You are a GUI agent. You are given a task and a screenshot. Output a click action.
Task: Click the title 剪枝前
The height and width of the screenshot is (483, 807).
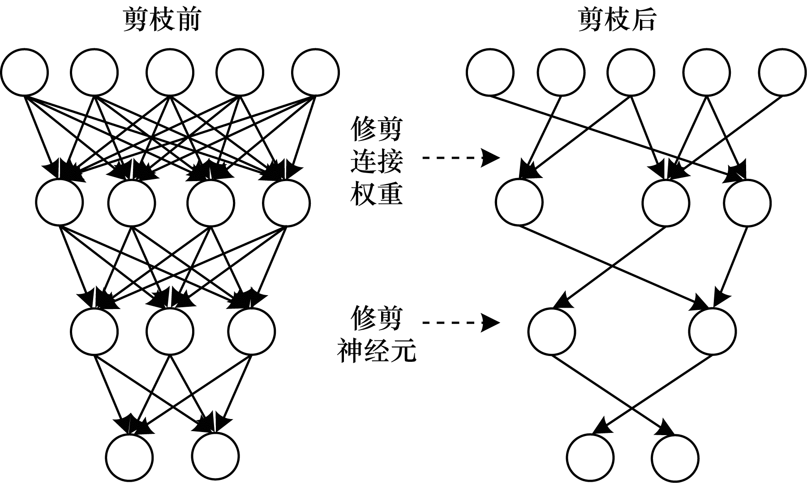click(x=162, y=21)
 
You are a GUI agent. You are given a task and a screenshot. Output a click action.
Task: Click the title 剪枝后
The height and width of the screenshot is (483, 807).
click(x=617, y=21)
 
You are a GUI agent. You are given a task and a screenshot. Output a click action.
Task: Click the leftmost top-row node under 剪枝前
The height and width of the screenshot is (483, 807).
click(x=25, y=72)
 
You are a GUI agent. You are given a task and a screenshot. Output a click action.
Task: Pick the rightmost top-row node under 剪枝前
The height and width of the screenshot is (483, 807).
click(x=315, y=72)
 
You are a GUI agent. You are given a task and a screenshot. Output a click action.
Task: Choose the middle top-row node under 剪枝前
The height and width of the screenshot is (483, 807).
click(x=170, y=72)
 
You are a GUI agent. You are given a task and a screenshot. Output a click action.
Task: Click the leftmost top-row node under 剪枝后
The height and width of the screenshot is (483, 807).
click(x=490, y=72)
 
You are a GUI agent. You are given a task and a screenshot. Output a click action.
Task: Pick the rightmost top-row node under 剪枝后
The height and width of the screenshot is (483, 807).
click(x=783, y=72)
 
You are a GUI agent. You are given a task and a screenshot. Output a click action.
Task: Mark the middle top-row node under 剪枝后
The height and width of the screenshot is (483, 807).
click(x=631, y=72)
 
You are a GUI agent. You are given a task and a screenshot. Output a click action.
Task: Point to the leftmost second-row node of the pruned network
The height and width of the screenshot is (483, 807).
click(x=519, y=202)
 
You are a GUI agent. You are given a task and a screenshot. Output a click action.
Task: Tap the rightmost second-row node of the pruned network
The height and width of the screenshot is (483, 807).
click(x=747, y=202)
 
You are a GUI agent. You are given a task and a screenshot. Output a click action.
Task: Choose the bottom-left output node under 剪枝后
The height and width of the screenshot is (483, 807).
click(x=590, y=457)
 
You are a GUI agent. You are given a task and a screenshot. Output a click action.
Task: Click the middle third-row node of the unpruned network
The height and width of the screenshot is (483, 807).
click(x=170, y=332)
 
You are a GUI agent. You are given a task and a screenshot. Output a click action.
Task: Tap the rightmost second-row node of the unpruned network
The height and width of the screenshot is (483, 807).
click(x=287, y=202)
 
